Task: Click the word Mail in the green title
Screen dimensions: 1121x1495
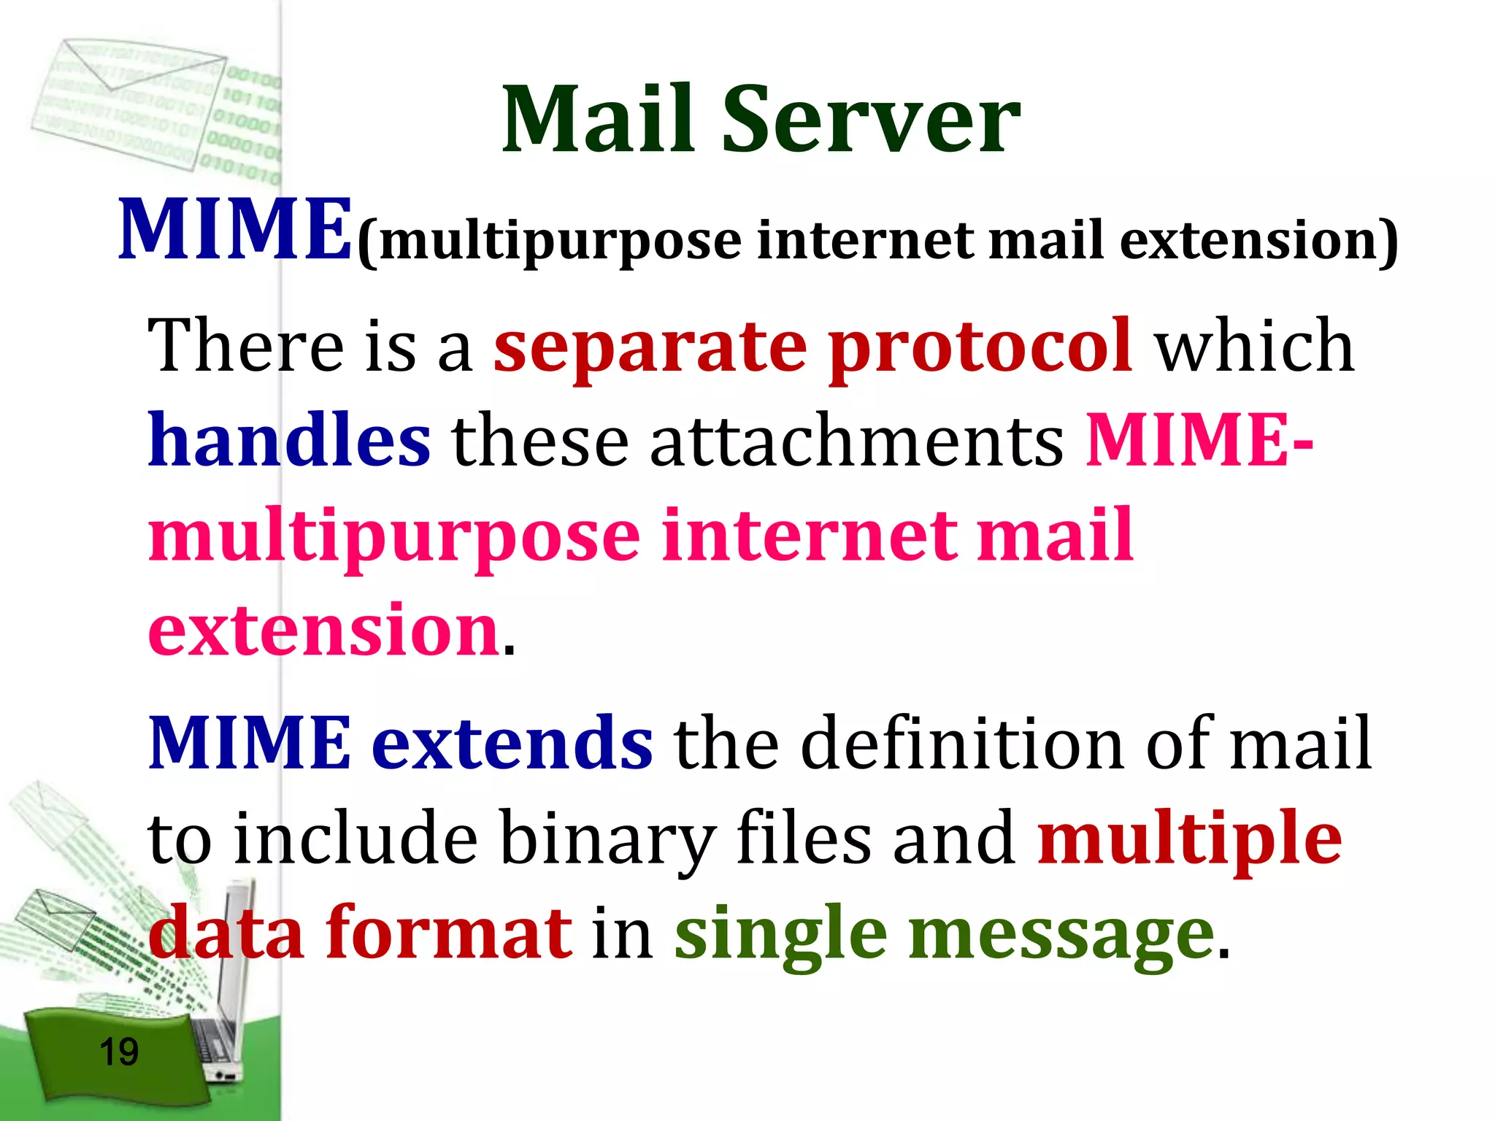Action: coord(598,120)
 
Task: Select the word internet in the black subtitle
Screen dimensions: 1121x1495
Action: coord(865,241)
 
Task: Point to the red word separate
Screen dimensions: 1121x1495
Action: coord(650,347)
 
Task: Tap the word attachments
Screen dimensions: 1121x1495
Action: coord(857,442)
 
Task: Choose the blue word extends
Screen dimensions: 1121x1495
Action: coord(512,744)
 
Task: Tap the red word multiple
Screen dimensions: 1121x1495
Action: coord(1189,839)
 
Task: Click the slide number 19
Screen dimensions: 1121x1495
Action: coord(118,1052)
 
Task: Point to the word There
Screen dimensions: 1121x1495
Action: coord(245,347)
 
